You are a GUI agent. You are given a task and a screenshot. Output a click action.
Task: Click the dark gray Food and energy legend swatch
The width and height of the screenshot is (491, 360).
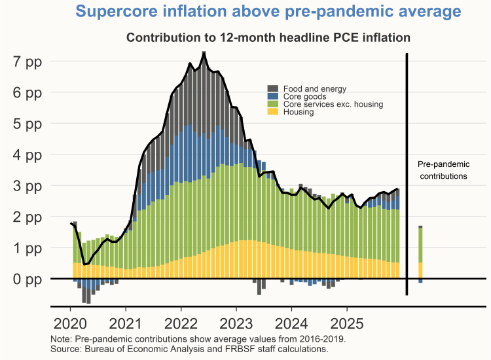pyautogui.click(x=274, y=88)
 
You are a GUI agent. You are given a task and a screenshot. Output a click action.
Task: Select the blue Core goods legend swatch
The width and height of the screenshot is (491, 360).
pyautogui.click(x=274, y=96)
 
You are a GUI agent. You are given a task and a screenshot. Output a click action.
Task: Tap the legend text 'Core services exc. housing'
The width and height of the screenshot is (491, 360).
pyautogui.click(x=333, y=104)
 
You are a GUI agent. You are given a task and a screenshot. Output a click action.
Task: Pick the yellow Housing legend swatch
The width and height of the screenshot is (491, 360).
pyautogui.click(x=274, y=112)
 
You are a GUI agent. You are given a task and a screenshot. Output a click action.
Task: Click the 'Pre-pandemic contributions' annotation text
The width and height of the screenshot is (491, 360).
pyautogui.click(x=443, y=170)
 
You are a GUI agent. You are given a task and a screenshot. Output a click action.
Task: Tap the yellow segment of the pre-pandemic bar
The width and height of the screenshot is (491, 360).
pyautogui.click(x=420, y=270)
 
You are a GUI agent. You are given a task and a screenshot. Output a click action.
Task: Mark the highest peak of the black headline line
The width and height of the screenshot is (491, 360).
pyautogui.click(x=204, y=53)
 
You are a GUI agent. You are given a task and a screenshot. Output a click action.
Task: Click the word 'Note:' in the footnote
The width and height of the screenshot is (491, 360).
pyautogui.click(x=61, y=339)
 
